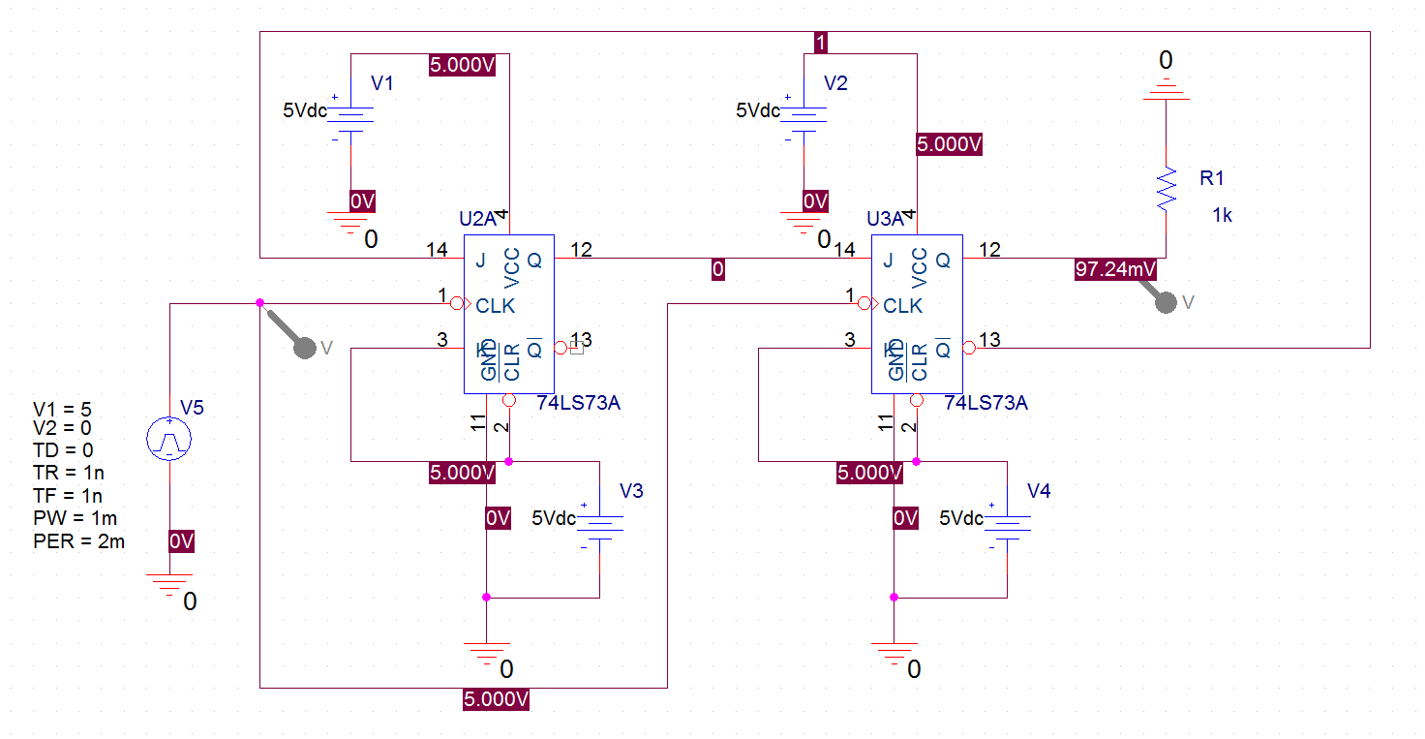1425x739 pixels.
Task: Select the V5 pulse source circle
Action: click(x=169, y=439)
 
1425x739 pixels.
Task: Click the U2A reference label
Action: click(x=478, y=219)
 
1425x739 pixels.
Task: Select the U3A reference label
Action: click(x=886, y=219)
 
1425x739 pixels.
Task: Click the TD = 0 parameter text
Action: click(x=63, y=450)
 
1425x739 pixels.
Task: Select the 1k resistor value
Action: click(x=1223, y=216)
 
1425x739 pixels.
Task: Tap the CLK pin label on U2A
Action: click(x=496, y=306)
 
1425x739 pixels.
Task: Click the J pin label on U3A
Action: click(x=888, y=260)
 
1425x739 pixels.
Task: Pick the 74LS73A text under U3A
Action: click(x=985, y=403)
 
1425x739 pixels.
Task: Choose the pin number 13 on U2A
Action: click(x=581, y=340)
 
